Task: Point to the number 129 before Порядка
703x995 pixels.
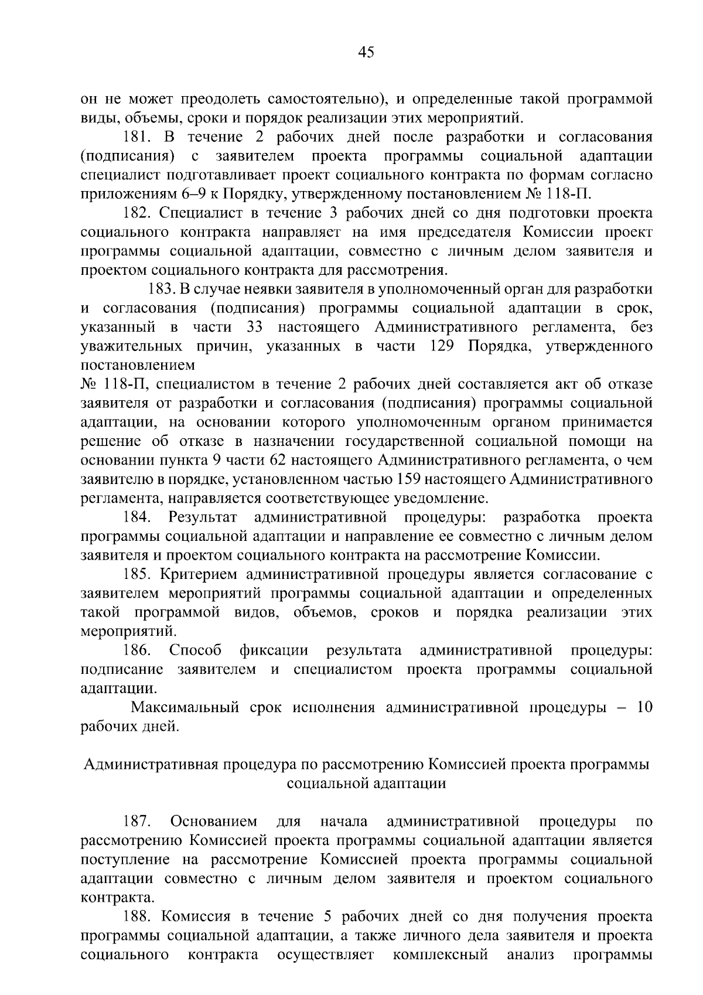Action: pyautogui.click(x=442, y=346)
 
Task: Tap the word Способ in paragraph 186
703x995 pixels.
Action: pyautogui.click(x=195, y=650)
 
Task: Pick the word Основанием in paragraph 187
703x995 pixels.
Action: pyautogui.click(x=213, y=821)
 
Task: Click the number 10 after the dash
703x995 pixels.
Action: pyautogui.click(x=644, y=707)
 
